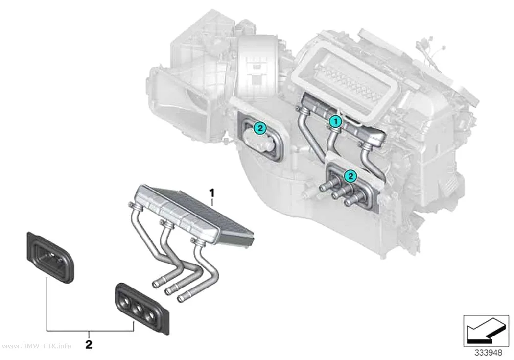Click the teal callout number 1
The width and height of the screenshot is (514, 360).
click(x=335, y=121)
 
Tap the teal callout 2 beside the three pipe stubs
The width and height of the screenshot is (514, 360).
click(x=350, y=176)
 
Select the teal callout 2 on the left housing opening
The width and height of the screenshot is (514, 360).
click(x=260, y=128)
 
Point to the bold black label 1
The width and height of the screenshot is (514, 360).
click(x=212, y=193)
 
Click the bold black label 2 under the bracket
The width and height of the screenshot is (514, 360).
click(x=89, y=345)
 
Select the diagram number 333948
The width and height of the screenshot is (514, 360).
click(x=488, y=353)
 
